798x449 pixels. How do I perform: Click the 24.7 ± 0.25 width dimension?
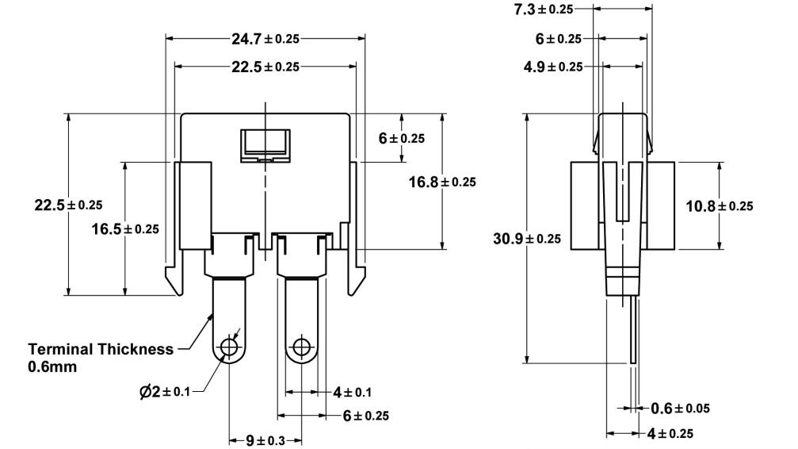(265, 37)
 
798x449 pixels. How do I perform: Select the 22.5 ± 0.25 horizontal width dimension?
(265, 67)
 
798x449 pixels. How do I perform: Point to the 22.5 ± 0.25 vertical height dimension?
(68, 205)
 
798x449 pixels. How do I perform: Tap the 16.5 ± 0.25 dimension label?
(125, 228)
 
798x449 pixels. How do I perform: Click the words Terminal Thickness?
(100, 349)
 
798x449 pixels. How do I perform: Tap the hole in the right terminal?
(300, 347)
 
